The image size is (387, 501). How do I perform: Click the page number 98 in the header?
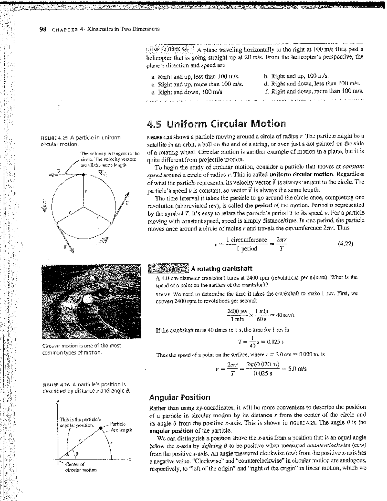(42, 29)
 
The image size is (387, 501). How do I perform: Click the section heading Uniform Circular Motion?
(216, 124)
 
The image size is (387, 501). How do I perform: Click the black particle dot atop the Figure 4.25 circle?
(84, 175)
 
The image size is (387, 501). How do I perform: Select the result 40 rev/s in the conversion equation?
(284, 315)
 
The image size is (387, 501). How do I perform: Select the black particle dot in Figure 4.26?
(101, 428)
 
